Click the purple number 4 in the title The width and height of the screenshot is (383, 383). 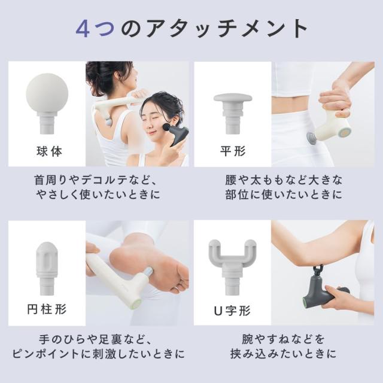tap(83, 28)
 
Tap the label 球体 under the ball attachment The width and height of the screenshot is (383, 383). tap(49, 151)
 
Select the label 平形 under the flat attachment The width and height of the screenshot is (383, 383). tap(233, 151)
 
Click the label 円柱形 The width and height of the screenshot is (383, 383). tap(47, 309)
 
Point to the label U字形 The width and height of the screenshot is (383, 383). tap(232, 311)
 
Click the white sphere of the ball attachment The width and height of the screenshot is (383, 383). tap(47, 93)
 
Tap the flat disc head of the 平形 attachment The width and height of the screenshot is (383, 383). tap(233, 98)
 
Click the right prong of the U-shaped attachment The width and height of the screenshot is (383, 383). tap(251, 251)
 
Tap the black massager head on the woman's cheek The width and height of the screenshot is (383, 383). tap(166, 127)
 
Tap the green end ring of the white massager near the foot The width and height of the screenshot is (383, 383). tap(136, 303)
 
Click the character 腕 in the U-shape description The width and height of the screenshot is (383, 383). tap(247, 339)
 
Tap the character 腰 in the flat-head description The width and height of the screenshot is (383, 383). tap(231, 180)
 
